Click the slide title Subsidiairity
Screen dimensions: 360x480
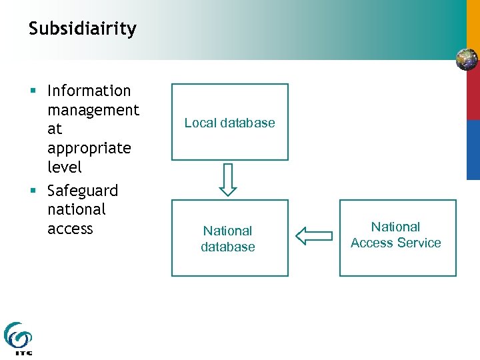pyautogui.click(x=83, y=29)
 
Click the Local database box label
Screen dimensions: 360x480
pyautogui.click(x=229, y=123)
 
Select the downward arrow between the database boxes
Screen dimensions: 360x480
pyautogui.click(x=228, y=179)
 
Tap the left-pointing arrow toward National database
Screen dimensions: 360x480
pyautogui.click(x=313, y=235)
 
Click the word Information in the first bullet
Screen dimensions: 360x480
pyautogui.click(x=89, y=91)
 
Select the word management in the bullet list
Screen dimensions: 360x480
pyautogui.click(x=93, y=110)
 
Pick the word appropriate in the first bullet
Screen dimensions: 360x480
pyautogui.click(x=89, y=148)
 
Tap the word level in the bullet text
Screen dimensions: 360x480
pyautogui.click(x=65, y=167)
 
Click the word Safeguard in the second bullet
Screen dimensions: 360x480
pyautogui.click(x=83, y=191)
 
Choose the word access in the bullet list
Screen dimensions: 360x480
pyautogui.click(x=70, y=229)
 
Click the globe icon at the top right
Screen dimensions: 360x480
pyautogui.click(x=467, y=59)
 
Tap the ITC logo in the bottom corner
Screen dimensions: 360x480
pyautogui.click(x=18, y=339)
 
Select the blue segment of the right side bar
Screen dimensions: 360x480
pyautogui.click(x=473, y=149)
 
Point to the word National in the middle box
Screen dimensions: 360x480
pyautogui.click(x=228, y=231)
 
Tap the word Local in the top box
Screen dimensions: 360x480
pyautogui.click(x=198, y=123)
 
